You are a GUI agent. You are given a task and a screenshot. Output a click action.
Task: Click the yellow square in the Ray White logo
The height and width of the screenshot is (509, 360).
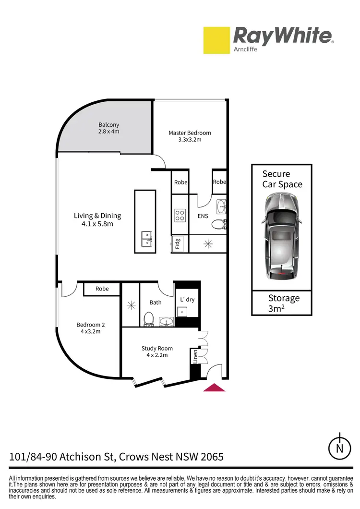[217, 40]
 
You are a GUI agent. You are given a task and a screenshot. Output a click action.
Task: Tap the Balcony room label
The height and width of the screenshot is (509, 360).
[108, 128]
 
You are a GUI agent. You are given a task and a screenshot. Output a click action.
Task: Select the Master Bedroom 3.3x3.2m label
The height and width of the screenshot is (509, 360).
[190, 136]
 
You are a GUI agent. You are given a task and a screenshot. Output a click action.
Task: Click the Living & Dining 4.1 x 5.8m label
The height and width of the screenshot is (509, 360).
[97, 219]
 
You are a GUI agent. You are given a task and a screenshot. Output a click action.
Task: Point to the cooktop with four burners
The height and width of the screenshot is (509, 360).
[180, 215]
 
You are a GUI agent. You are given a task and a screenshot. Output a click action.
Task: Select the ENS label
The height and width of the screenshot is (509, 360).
[203, 216]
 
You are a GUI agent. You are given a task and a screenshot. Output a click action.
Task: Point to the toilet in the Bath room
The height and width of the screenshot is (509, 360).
[149, 319]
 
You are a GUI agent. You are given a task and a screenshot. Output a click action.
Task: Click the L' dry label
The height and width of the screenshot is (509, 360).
[187, 300]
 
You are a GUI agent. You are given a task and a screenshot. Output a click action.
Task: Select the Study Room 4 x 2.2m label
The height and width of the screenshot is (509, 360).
[157, 352]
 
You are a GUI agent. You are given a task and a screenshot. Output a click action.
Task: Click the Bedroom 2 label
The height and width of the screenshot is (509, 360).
[91, 328]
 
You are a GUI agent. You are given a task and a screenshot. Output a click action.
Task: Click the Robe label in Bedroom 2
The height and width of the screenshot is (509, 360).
[102, 289]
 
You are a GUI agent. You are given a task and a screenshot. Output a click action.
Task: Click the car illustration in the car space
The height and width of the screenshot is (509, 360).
[282, 233]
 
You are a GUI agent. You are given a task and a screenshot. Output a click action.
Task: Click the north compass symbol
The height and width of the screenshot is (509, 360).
[339, 448]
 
